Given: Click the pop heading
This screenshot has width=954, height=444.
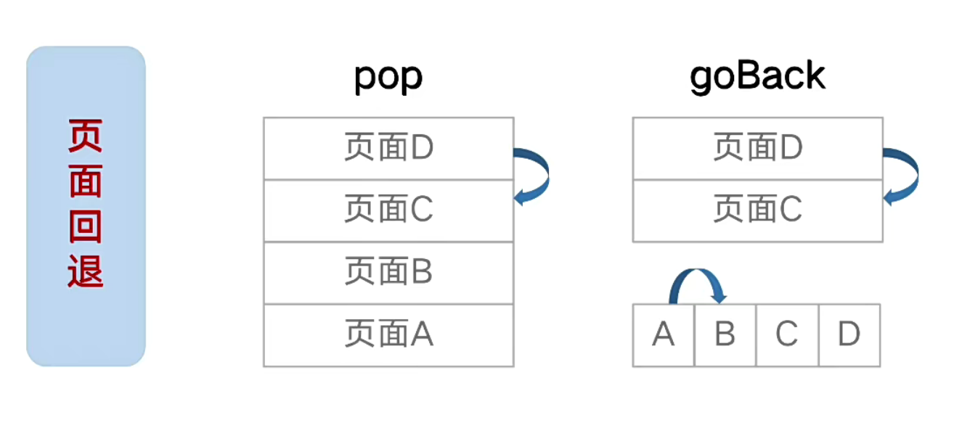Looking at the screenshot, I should (388, 77).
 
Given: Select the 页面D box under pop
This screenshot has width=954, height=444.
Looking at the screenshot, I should (388, 148).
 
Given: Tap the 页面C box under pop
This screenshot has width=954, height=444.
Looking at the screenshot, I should (388, 210).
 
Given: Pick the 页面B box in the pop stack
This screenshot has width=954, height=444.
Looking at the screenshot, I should (388, 273).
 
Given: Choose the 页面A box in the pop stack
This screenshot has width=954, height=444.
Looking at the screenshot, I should (388, 335).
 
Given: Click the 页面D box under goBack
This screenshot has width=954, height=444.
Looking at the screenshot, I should (757, 148).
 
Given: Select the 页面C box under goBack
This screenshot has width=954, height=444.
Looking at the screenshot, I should (757, 210).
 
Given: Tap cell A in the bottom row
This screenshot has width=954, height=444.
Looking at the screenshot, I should (664, 334).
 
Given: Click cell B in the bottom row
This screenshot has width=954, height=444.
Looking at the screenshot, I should (725, 334).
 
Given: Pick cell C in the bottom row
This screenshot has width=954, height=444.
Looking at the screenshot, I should (787, 334).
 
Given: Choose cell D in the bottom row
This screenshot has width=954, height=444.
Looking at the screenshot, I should (849, 334).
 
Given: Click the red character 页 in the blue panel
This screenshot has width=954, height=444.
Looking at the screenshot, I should (86, 136).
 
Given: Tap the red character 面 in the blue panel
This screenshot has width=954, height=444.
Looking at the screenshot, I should (86, 181).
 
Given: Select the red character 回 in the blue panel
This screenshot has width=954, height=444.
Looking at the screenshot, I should (86, 227).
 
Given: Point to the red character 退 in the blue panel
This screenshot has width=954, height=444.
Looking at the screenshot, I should (86, 272).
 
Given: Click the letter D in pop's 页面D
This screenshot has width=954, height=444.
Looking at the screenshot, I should (422, 148).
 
